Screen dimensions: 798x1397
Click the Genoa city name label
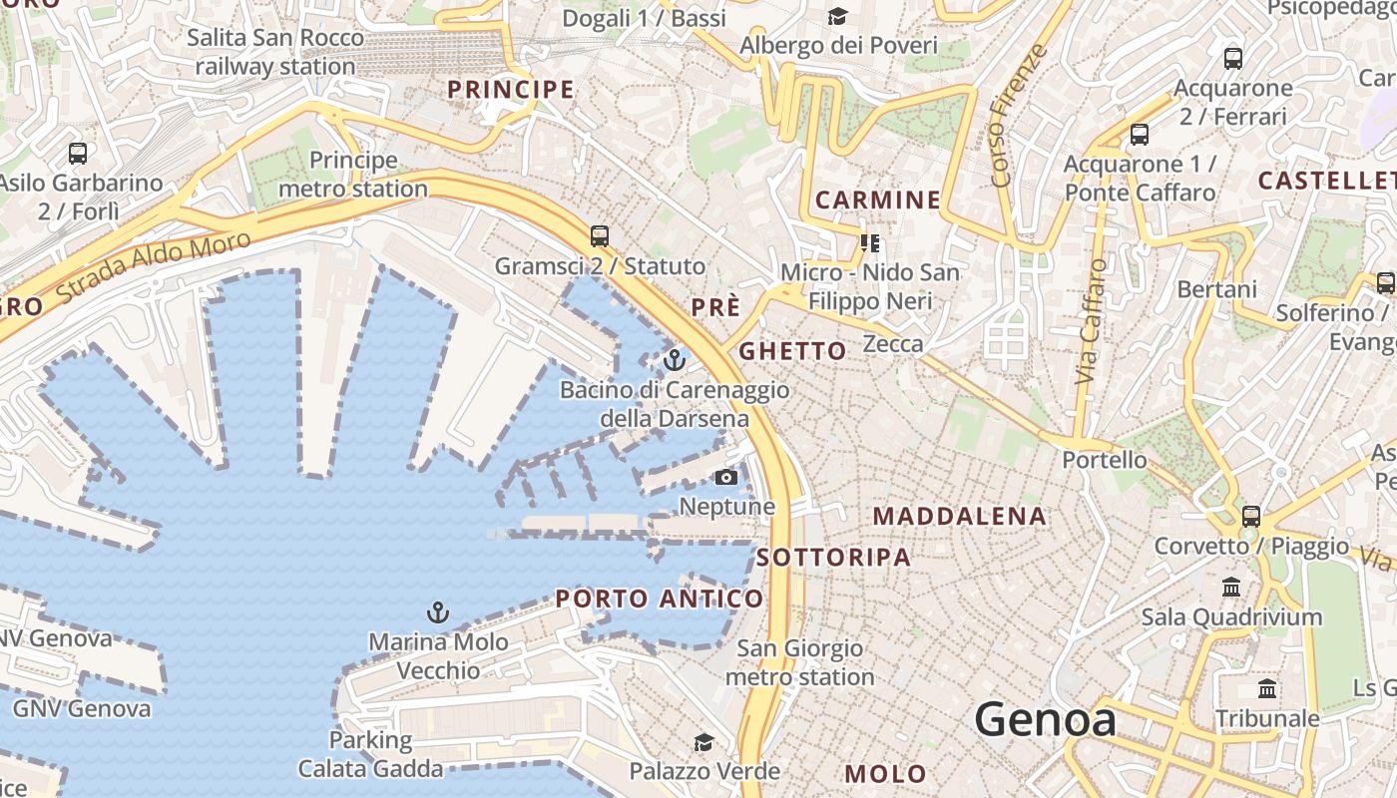point(1045,719)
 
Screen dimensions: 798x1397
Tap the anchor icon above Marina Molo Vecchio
point(437,611)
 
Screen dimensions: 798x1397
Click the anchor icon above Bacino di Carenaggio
point(675,359)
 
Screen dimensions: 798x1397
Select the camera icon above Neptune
point(726,477)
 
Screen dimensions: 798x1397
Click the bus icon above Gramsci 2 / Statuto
point(600,236)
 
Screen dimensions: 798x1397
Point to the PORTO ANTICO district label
point(660,598)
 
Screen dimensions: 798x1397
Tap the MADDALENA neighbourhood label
point(960,516)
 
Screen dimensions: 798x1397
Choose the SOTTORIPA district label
point(834,558)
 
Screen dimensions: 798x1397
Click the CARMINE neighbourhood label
point(878,199)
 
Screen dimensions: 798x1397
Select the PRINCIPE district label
point(511,89)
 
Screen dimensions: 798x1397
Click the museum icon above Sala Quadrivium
point(1231,587)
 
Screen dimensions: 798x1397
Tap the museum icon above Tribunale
point(1267,688)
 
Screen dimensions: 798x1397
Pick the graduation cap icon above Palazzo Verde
point(704,742)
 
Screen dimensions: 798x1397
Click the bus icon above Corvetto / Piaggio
point(1250,517)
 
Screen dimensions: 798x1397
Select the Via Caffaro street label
point(1092,321)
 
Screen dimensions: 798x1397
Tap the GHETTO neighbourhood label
point(792,351)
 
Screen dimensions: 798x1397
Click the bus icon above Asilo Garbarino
point(78,154)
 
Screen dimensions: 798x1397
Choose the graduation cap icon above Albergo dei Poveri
point(837,17)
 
